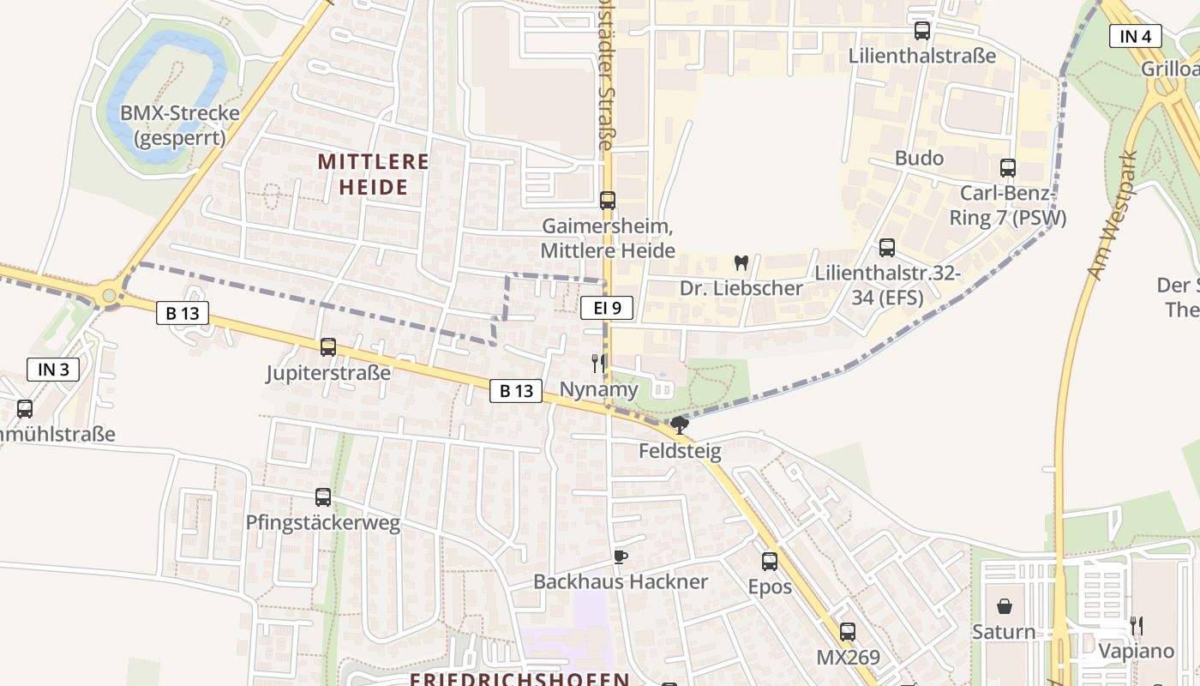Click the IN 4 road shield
[x=1135, y=36]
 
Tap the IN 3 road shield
[x=53, y=370]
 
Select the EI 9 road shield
[x=607, y=308]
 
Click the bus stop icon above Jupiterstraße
[x=327, y=347]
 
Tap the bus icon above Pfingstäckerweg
[x=322, y=496]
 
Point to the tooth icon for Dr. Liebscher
[x=741, y=262]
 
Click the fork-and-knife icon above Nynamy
[x=598, y=364]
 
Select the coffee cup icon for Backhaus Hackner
[x=621, y=557]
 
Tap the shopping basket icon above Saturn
[x=1005, y=606]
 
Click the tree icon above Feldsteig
[x=679, y=424]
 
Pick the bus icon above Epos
[x=770, y=562]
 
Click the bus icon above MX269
[x=847, y=632]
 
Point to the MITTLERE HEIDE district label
[x=374, y=174]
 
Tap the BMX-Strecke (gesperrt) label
[x=179, y=125]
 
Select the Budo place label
[x=919, y=158]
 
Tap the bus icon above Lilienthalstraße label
[x=922, y=31]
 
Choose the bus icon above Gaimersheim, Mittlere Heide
[x=608, y=201]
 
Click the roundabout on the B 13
[x=109, y=296]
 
